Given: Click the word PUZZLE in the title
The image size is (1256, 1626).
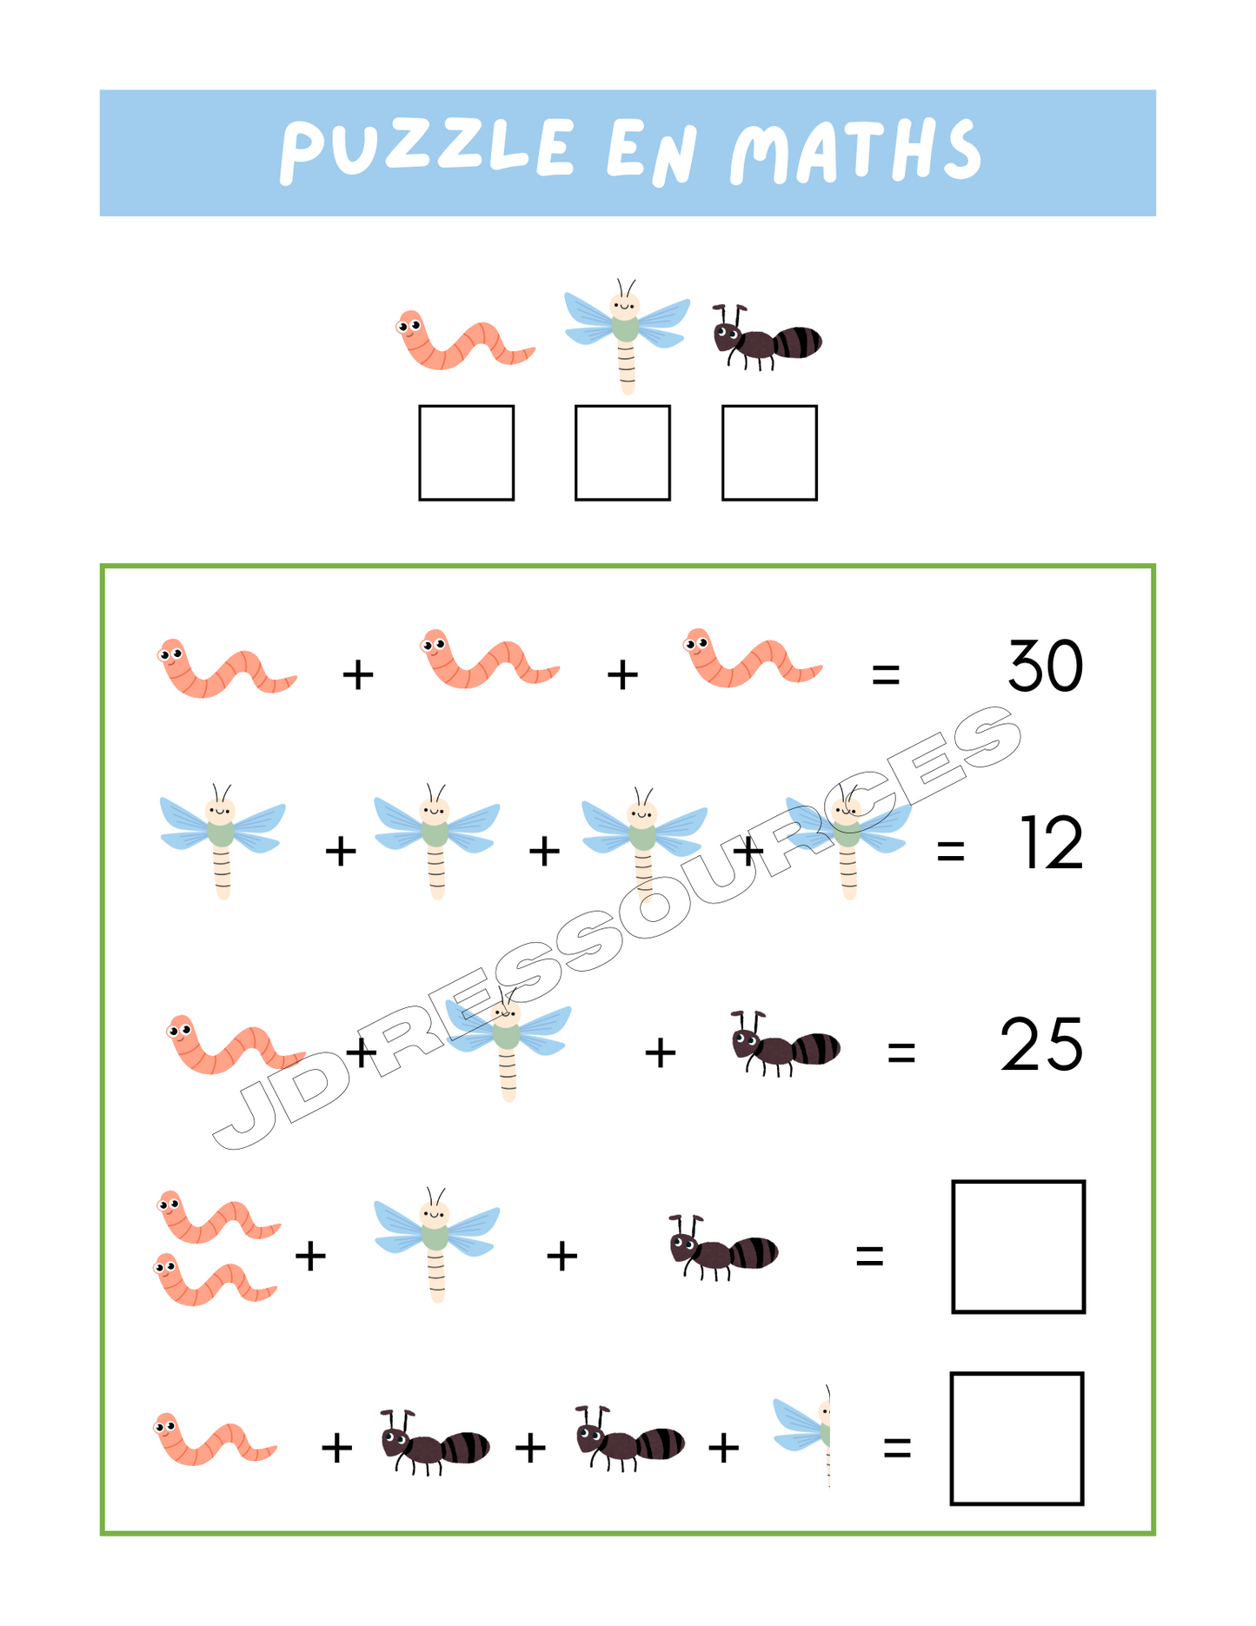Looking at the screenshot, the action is [426, 149].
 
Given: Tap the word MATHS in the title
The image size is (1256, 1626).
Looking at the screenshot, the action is [855, 151].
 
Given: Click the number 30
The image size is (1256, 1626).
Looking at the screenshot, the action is [1046, 667].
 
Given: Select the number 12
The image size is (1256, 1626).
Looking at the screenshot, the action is [1052, 842].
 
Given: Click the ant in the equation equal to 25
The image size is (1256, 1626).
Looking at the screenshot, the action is [785, 1043].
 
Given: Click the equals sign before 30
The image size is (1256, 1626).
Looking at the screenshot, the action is [886, 674].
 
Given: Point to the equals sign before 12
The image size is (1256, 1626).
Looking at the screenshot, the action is [951, 851].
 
